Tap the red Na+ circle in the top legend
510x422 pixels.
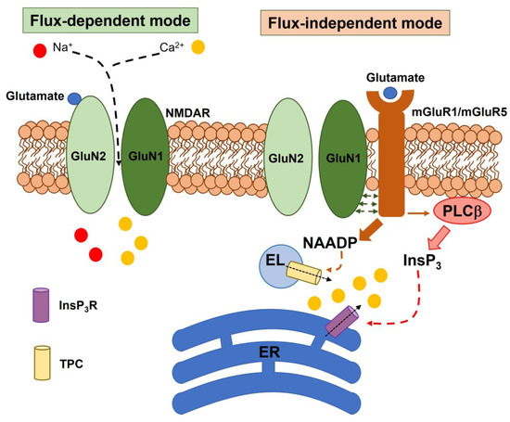tap(39, 48)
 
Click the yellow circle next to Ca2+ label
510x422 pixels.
tap(198, 47)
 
